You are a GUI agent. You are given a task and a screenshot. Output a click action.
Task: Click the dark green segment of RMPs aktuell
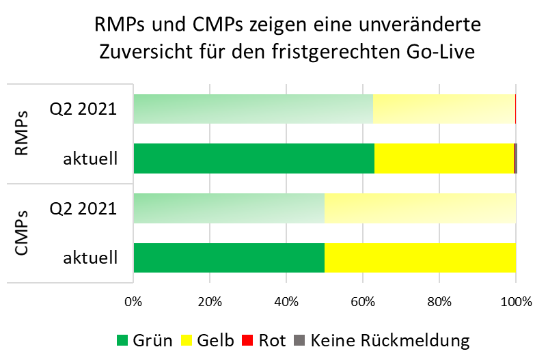254,158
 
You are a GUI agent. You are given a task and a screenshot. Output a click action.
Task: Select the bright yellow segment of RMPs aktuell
443,158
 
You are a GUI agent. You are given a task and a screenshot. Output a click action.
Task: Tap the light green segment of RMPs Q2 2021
253,109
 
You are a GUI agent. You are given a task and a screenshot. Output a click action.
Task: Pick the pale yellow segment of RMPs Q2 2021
443,109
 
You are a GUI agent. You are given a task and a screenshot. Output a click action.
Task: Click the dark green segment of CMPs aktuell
229,258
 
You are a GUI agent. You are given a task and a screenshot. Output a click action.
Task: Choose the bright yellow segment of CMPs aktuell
420,258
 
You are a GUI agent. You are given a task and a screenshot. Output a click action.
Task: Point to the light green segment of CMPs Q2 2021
229,208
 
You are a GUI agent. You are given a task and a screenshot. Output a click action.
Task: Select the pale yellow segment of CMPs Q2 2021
420,208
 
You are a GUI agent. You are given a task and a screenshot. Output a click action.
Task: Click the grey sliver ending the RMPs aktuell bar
516,158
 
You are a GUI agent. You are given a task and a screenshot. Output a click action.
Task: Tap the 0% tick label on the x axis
134,301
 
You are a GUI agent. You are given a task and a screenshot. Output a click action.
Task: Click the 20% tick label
210,301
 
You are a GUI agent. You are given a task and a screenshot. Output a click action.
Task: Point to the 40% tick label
286,301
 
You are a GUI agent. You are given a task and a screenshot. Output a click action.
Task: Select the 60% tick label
363,301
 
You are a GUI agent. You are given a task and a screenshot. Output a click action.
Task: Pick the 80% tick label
439,301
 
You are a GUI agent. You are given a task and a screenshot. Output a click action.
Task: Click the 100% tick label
516,301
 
